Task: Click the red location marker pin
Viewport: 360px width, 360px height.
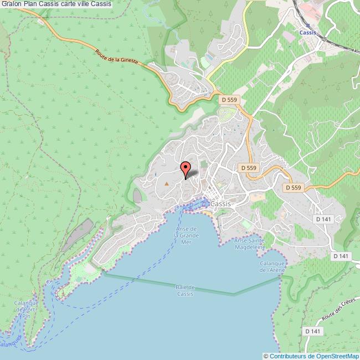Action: pyautogui.click(x=186, y=168)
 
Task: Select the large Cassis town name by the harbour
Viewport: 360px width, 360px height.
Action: pyautogui.click(x=221, y=203)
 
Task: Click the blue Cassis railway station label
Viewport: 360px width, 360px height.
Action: pyautogui.click(x=307, y=33)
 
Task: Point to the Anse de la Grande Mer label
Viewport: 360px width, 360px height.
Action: pyautogui.click(x=187, y=235)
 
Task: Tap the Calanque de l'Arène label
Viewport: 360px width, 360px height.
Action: pyautogui.click(x=272, y=266)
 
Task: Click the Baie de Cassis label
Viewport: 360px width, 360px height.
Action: pyautogui.click(x=185, y=290)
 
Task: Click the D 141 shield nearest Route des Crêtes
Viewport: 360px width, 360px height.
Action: pyautogui.click(x=312, y=331)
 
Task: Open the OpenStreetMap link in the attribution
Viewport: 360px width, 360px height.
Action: pyautogui.click(x=333, y=356)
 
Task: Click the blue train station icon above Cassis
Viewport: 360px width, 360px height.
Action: pyautogui.click(x=307, y=25)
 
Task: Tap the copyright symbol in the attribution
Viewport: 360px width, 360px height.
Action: pyautogui.click(x=266, y=356)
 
